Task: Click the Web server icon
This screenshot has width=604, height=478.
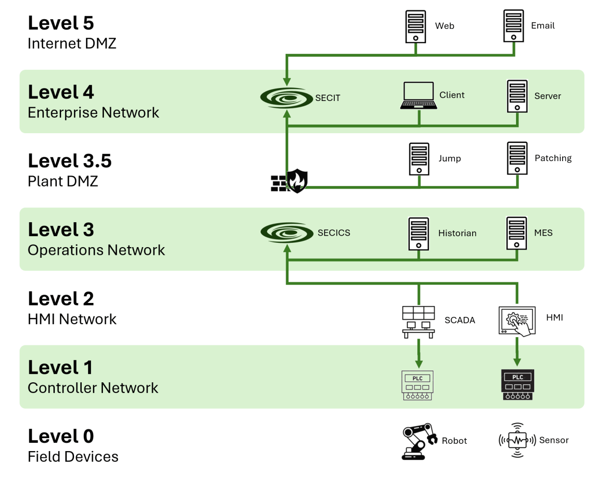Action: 415,26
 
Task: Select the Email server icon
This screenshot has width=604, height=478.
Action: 514,26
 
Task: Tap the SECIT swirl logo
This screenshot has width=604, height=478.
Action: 287,98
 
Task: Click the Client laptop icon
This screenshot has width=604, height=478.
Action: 419,96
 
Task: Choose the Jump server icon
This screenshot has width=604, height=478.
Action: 419,159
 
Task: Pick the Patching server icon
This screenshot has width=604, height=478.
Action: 517,158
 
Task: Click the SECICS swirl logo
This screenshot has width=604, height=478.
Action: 287,233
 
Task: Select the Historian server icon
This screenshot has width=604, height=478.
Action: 418,234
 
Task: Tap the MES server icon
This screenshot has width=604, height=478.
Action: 516,233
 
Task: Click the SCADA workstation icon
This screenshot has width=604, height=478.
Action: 418,322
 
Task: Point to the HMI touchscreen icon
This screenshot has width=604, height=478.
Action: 517,321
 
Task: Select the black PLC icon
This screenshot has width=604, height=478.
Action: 517,385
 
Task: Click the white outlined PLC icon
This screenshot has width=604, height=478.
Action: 417,385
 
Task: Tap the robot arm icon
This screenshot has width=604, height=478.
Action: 419,441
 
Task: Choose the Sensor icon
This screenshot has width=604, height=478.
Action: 517,440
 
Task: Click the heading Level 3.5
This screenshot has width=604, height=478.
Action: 70,161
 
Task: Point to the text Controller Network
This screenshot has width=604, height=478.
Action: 93,388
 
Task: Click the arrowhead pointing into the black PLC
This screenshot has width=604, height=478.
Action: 517,361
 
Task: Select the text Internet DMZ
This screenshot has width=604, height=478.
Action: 72,44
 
